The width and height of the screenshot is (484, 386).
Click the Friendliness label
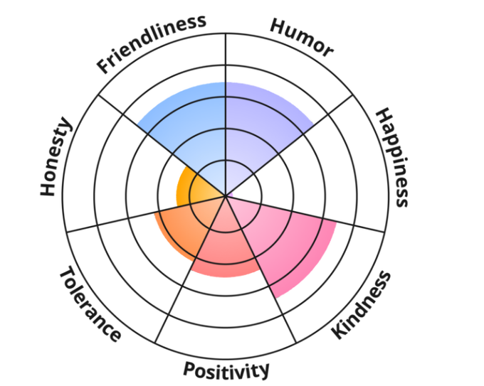152,43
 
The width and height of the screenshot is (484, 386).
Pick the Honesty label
56,157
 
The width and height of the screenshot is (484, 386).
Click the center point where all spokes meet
226,193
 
